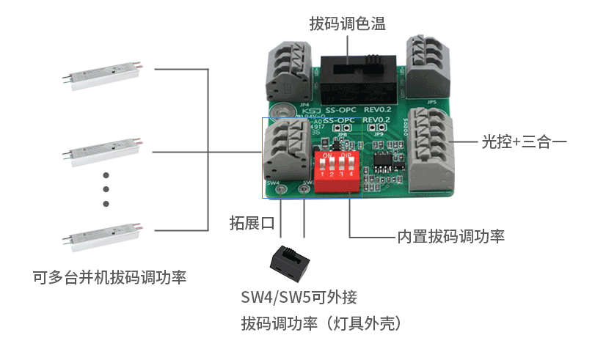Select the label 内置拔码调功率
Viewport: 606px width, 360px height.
click(450, 237)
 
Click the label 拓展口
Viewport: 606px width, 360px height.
click(252, 223)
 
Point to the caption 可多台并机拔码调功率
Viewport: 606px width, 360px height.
click(109, 278)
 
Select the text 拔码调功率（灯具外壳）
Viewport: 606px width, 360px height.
click(324, 323)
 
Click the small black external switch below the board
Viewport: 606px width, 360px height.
click(291, 262)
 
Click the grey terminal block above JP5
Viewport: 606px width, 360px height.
click(427, 63)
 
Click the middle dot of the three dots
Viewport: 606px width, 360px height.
click(106, 189)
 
